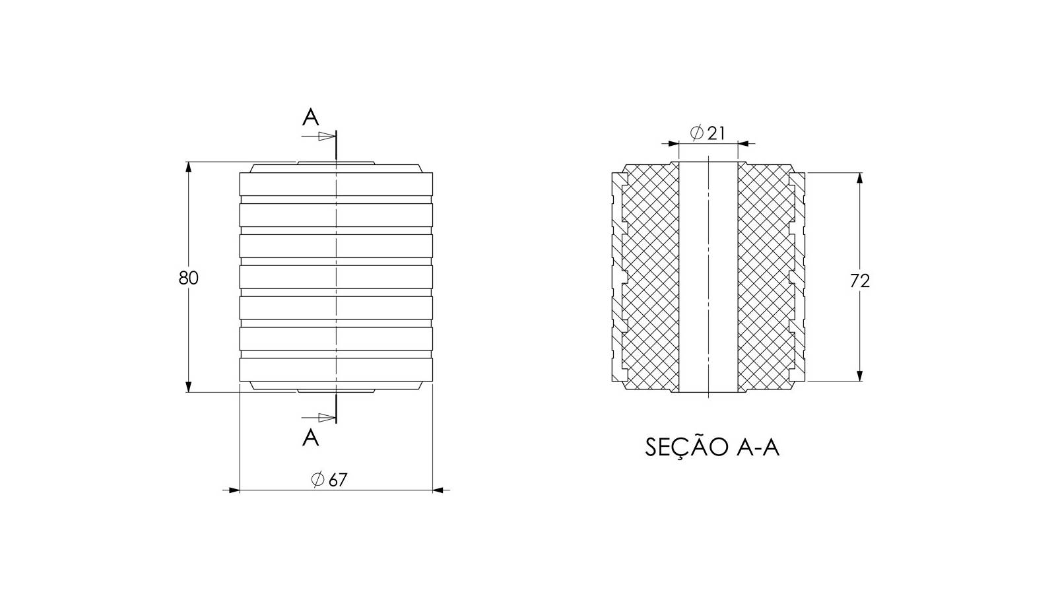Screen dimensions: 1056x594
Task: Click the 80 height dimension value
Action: [x=189, y=278]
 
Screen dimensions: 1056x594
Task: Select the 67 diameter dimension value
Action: [x=337, y=480]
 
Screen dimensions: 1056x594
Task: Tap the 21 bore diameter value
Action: [x=716, y=133]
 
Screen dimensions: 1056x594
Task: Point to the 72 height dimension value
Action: [x=859, y=281]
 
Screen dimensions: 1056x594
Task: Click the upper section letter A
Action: [x=310, y=117]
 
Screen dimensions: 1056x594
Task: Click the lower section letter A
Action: [x=310, y=438]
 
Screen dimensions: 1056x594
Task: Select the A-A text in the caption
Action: [x=757, y=447]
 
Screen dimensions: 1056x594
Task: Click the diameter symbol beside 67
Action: [x=317, y=479]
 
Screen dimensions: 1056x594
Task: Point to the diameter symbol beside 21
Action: [x=697, y=133]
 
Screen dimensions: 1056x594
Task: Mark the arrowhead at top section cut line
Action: [x=327, y=137]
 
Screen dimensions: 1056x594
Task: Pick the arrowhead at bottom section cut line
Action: [x=327, y=418]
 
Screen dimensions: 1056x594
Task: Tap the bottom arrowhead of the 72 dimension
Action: [x=859, y=376]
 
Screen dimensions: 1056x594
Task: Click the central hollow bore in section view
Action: [x=708, y=277]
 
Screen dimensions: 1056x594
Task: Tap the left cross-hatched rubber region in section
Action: [x=651, y=277]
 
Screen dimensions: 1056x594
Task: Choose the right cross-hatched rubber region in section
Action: [x=766, y=277]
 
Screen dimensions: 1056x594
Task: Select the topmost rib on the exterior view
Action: [x=336, y=184]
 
